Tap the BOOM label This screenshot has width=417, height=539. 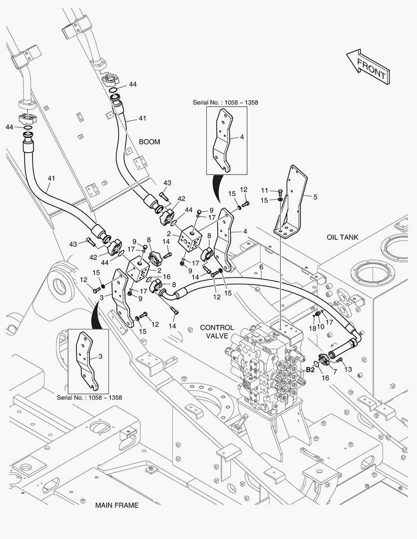pyautogui.click(x=149, y=142)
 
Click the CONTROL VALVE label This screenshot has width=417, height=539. pyautogui.click(x=217, y=332)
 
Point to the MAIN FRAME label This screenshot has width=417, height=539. pyautogui.click(x=117, y=505)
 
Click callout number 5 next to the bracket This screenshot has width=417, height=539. pyautogui.click(x=315, y=197)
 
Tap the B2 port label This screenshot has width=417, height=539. pyautogui.click(x=310, y=370)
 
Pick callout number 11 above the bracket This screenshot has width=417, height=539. pyautogui.click(x=265, y=190)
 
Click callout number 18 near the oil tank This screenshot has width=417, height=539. pyautogui.click(x=312, y=328)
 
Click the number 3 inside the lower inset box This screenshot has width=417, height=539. pyautogui.click(x=100, y=356)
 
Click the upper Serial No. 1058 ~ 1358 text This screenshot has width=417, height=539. pyautogui.click(x=226, y=102)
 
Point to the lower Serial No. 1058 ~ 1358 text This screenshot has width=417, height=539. pyautogui.click(x=89, y=398)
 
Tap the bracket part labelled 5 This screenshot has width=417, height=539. pyautogui.click(x=295, y=200)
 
